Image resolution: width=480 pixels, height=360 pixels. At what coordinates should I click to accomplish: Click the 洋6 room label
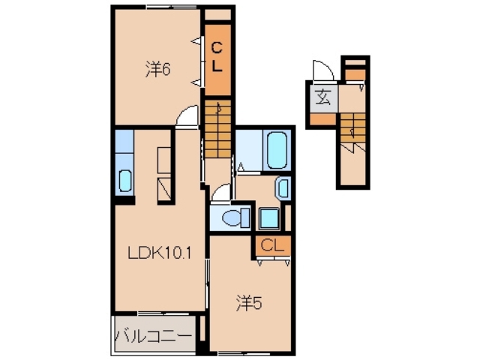point(159,69)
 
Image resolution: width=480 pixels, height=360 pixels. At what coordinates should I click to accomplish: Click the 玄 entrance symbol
point(323,97)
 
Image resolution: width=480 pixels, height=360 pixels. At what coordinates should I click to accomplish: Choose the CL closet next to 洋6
point(217,58)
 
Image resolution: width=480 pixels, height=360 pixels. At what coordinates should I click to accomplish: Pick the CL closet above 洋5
point(273,244)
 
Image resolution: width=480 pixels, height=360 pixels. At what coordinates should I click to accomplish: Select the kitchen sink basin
point(124,181)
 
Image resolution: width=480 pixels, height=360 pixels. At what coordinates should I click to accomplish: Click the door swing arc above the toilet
point(221,193)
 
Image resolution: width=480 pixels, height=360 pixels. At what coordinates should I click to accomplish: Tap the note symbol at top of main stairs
point(218,107)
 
